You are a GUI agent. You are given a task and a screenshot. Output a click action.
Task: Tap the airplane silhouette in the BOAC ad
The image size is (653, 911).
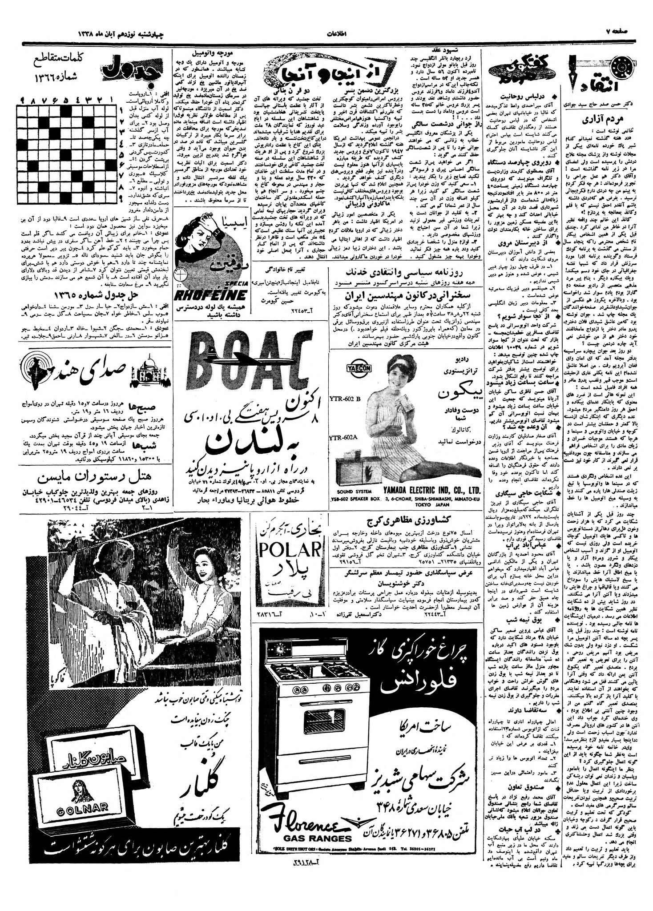240,355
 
